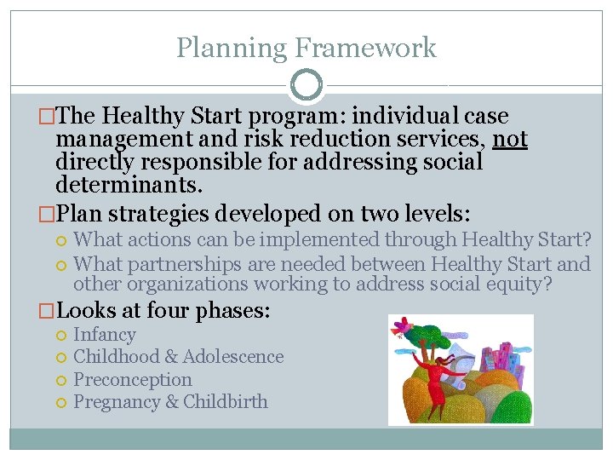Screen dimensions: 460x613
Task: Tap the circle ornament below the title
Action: coord(306,85)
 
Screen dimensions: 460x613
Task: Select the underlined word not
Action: coord(510,139)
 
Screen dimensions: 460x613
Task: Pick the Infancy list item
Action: coord(105,335)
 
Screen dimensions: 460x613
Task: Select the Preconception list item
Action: coord(133,379)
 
